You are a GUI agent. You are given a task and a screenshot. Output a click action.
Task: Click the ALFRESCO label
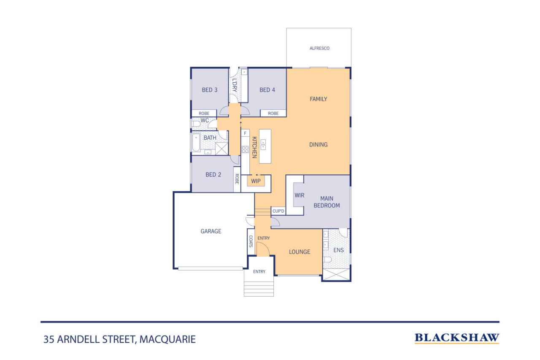319,48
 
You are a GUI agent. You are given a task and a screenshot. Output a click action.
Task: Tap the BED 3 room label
210,90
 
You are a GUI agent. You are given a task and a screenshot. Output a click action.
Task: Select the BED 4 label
267,90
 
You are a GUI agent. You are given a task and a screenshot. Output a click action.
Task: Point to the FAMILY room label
318,99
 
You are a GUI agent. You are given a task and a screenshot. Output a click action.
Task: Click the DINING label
318,145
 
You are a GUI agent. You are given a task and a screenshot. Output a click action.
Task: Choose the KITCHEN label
254,147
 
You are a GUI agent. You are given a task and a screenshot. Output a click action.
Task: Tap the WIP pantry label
256,181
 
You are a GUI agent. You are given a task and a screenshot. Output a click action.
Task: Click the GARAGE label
211,231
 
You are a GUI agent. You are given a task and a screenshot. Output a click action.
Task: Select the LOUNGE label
300,252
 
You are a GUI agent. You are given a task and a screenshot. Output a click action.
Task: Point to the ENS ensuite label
338,250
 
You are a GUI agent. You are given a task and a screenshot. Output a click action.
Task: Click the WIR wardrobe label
299,195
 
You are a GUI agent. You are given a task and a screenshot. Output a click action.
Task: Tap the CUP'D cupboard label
278,211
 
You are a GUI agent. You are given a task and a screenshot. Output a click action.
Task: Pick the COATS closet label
251,241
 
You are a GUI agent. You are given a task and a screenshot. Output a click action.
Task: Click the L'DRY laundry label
235,85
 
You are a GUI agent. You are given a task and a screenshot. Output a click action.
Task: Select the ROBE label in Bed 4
273,114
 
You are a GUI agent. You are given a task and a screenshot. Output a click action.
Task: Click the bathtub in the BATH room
196,143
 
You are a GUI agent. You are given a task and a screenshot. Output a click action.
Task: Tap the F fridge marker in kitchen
245,133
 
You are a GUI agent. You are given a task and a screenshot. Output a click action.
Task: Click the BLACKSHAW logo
457,338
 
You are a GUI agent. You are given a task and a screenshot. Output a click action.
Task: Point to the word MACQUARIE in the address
167,339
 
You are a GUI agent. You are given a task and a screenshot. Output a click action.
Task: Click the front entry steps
259,289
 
